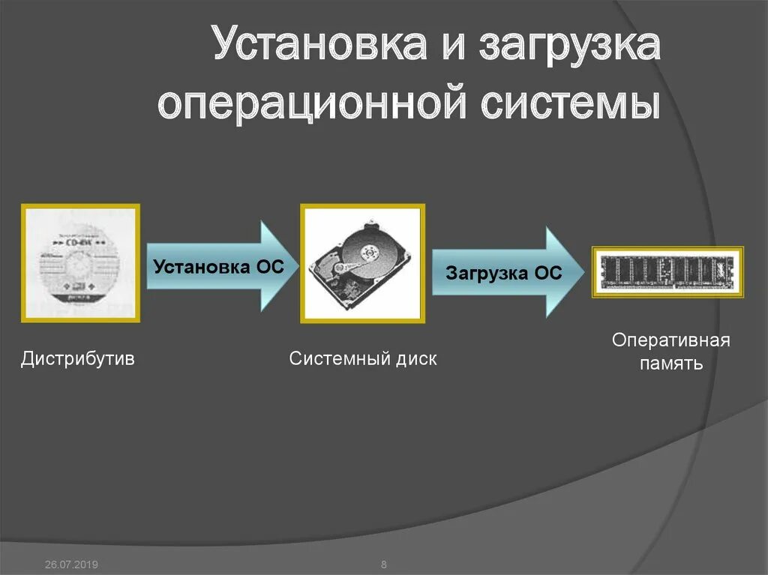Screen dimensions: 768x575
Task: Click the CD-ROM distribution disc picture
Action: tap(80, 262)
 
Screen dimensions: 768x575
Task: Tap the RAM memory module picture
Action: tap(667, 272)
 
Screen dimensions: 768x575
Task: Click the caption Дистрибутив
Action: tap(78, 358)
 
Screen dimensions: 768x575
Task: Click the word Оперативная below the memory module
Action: tap(670, 340)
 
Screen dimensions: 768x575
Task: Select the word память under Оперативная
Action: tap(670, 364)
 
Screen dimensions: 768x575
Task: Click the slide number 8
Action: tap(384, 564)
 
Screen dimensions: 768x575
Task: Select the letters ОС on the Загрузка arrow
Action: tap(548, 274)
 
